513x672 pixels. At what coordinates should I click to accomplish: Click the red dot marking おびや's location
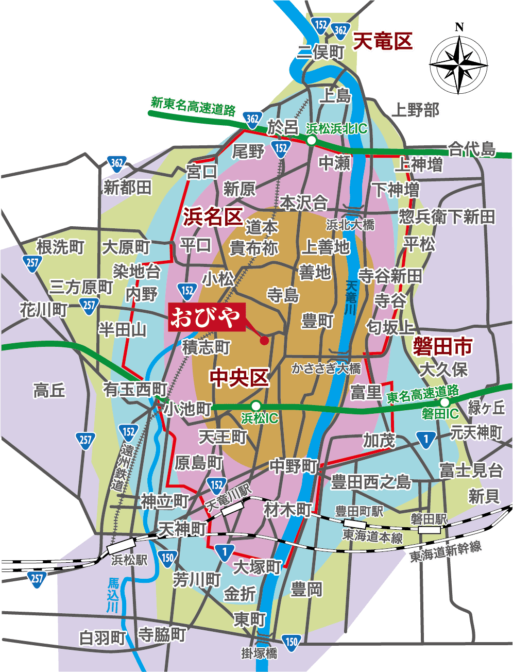coord(264,340)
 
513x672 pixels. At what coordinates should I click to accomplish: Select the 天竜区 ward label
coord(383,42)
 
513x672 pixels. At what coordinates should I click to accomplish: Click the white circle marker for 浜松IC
coord(256,406)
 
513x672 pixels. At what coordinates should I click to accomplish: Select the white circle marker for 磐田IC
coord(445,402)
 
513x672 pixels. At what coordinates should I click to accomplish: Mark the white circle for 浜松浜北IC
coord(311,140)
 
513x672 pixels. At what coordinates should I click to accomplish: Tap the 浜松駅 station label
coord(129,560)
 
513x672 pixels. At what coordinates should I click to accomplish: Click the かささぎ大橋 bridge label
coord(326,368)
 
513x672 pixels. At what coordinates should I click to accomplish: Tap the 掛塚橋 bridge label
coord(260,653)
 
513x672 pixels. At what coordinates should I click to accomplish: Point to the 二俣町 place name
coord(320,52)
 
